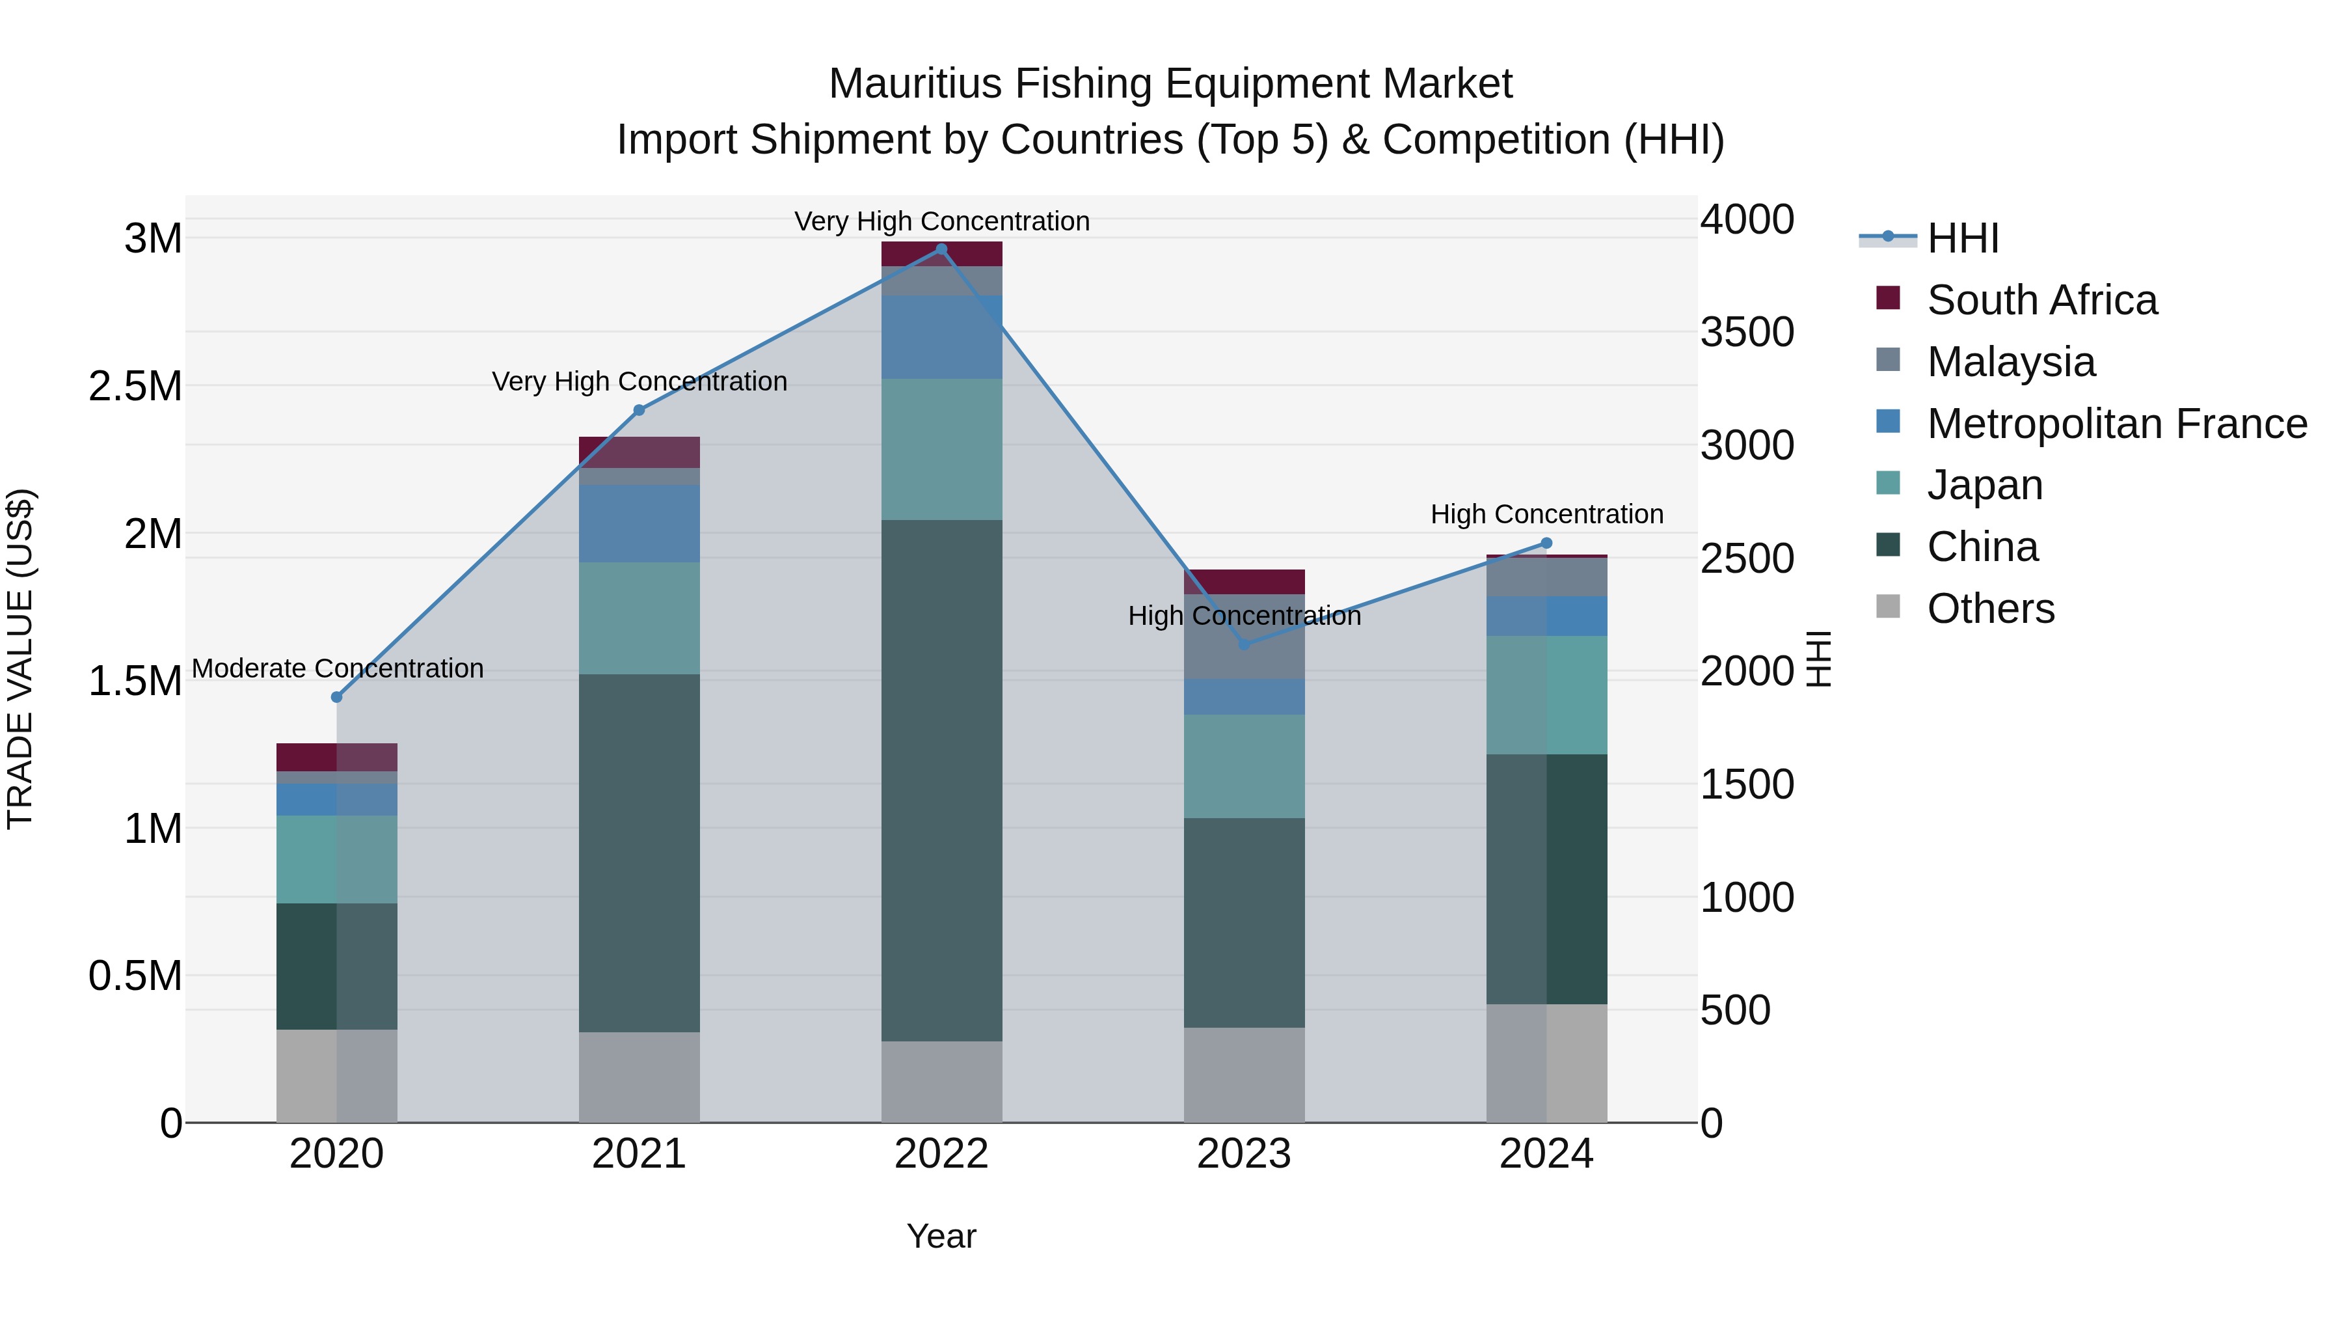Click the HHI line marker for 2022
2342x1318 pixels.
[941, 249]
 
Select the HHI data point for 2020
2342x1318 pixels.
[336, 696]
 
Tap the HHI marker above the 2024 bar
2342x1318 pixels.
[1546, 543]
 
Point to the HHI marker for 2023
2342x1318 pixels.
[1244, 644]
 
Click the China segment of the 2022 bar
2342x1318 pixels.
[941, 780]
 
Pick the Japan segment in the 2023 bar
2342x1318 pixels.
[1244, 766]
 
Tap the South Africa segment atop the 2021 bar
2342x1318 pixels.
[639, 452]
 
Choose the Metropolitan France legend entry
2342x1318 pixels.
[2116, 424]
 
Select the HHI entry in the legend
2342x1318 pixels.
[1962, 238]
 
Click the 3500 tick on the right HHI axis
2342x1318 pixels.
[1747, 332]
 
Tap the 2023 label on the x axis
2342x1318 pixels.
[1244, 1154]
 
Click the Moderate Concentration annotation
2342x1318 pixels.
[337, 668]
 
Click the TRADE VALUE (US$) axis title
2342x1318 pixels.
[21, 659]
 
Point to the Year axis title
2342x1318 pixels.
[941, 1236]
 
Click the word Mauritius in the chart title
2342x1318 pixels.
[915, 84]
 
